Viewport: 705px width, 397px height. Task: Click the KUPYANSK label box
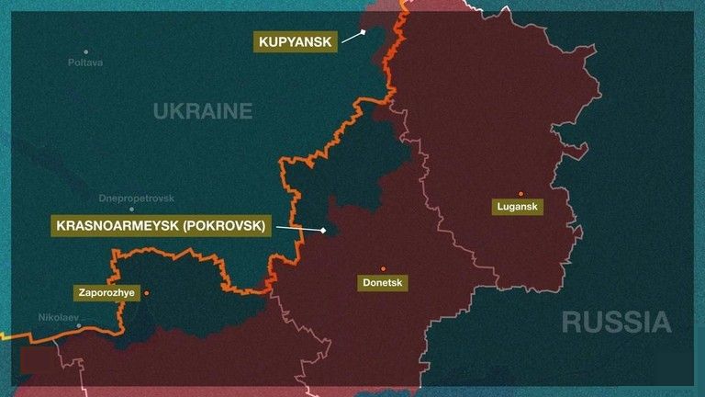pyautogui.click(x=294, y=40)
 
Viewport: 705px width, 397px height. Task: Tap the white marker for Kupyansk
pyautogui.click(x=363, y=32)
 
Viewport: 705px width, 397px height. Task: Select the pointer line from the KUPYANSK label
pyautogui.click(x=350, y=37)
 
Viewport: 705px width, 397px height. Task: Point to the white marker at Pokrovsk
pyautogui.click(x=324, y=230)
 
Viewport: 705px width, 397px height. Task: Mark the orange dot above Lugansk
pyautogui.click(x=520, y=193)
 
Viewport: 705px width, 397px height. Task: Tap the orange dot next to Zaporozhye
pyautogui.click(x=146, y=293)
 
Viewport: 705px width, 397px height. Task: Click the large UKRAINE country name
pyautogui.click(x=202, y=111)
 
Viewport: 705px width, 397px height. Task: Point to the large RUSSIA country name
pyautogui.click(x=616, y=322)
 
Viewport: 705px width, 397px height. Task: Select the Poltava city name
pyautogui.click(x=85, y=62)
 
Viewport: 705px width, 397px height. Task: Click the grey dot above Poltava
pyautogui.click(x=86, y=51)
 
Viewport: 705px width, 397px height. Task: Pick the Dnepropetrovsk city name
pyautogui.click(x=136, y=198)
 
